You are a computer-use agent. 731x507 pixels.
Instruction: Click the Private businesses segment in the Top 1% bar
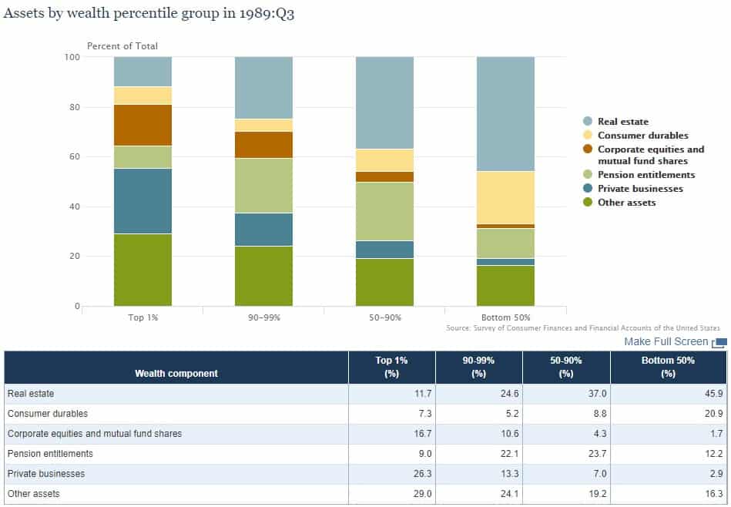pos(143,201)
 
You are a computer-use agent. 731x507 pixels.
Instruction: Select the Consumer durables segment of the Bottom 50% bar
pos(505,197)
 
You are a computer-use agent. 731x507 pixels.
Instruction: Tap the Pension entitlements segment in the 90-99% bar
pos(263,186)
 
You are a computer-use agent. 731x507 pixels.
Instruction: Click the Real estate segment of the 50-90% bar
pos(384,102)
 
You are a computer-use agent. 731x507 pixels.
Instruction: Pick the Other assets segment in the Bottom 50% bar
pos(505,286)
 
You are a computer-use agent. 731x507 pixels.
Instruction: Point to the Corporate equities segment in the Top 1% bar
pos(143,125)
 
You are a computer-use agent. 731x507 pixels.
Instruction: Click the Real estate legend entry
pos(622,122)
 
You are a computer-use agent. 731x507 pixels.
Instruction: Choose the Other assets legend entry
pos(626,203)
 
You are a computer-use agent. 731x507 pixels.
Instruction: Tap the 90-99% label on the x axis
pos(263,317)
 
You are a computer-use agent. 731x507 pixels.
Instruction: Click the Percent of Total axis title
pos(122,46)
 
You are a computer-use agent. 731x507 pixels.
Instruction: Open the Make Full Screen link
pos(666,341)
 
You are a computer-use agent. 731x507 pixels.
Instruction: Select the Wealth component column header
pos(176,373)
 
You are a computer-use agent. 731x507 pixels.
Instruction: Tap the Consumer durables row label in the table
pos(48,414)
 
